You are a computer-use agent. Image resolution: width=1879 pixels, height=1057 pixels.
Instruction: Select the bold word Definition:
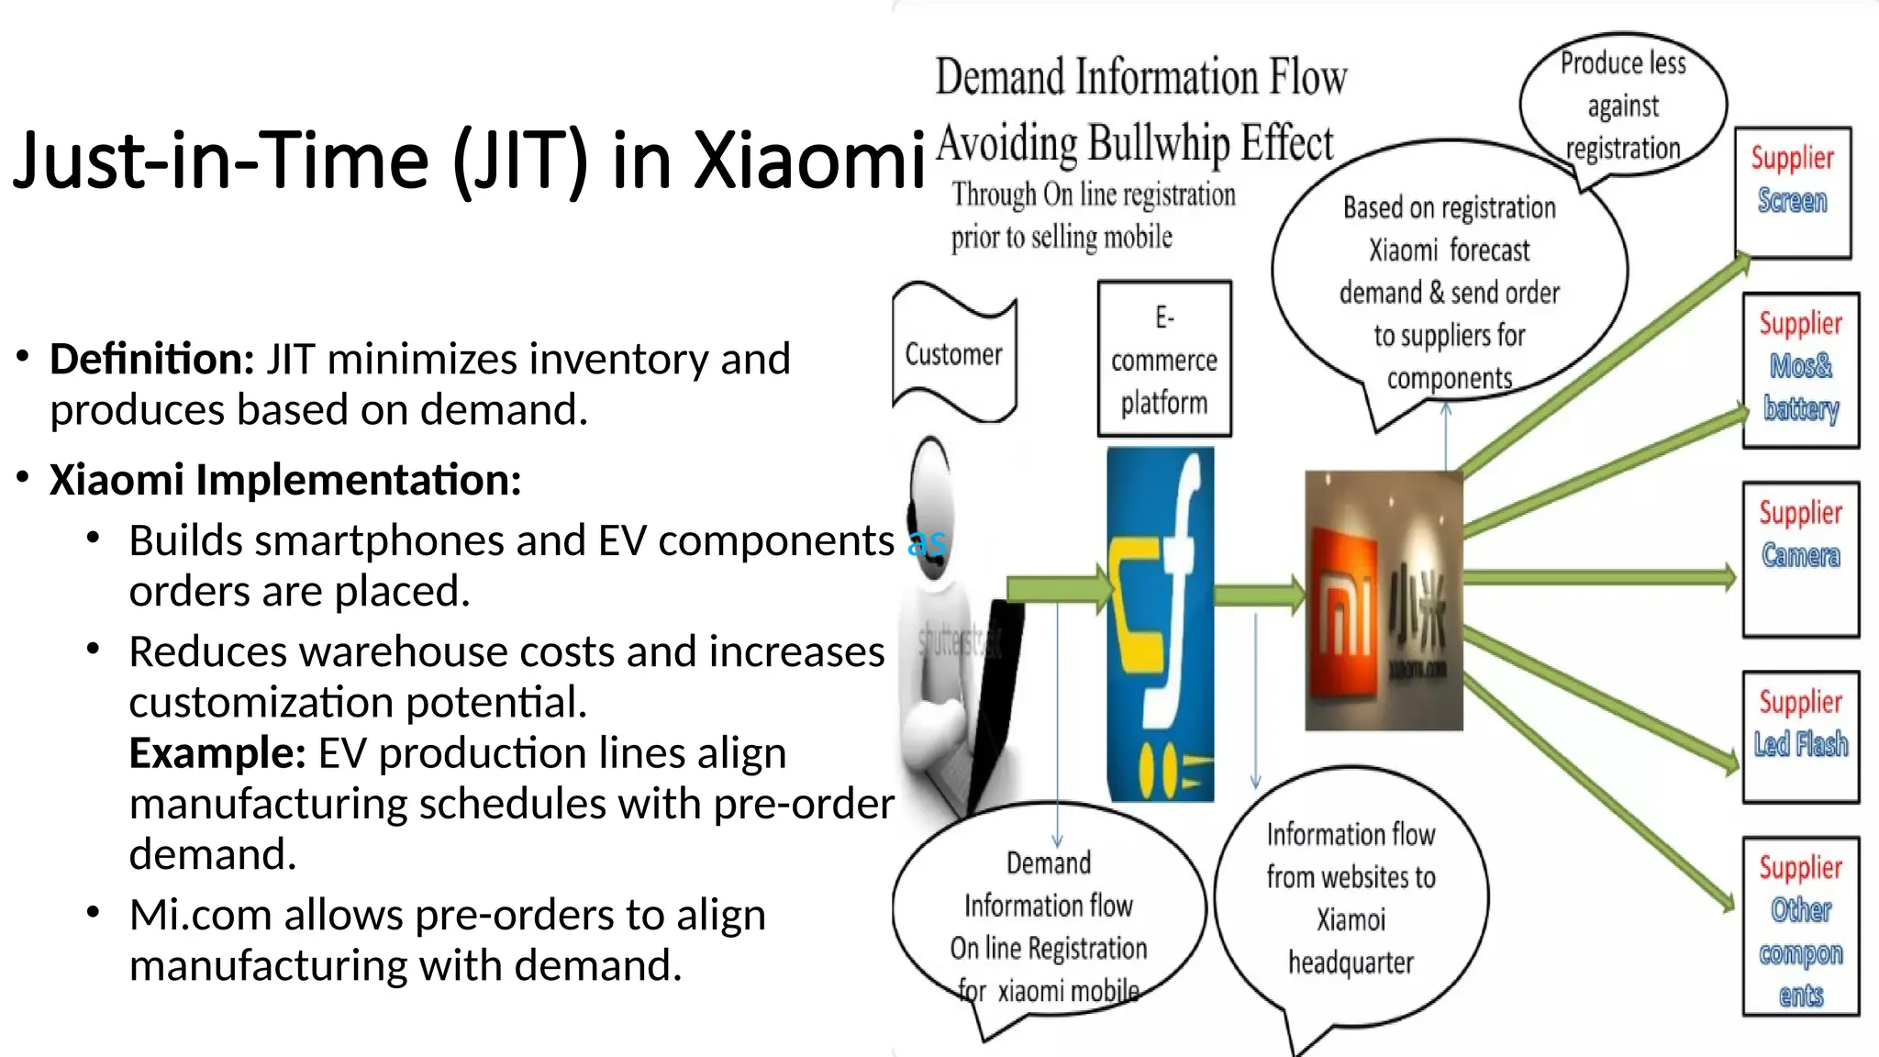coord(151,359)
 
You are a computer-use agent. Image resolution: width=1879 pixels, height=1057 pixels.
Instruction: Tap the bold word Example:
coord(217,753)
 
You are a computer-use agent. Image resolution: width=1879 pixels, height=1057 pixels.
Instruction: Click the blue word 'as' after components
coord(927,541)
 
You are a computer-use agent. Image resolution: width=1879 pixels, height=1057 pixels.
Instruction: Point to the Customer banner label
coord(953,354)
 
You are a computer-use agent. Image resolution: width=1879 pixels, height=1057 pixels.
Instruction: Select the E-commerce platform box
coord(1164,359)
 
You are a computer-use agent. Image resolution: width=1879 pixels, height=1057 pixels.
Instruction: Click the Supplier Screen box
coord(1793,192)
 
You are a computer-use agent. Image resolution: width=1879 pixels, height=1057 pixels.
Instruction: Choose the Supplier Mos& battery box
coord(1800,370)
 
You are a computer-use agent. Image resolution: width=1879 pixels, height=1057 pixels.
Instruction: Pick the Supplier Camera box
coord(1800,558)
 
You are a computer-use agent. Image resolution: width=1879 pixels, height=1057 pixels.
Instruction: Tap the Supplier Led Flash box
coord(1800,737)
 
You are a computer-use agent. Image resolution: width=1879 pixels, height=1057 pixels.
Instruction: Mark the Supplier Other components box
coord(1800,926)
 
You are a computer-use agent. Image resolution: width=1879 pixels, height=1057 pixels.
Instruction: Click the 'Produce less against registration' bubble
coord(1622,106)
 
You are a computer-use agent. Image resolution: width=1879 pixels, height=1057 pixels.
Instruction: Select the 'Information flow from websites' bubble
coord(1351,898)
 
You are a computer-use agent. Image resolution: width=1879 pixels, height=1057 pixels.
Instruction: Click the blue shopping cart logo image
coord(1161,624)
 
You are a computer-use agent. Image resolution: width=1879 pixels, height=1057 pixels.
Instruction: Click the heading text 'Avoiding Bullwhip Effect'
coord(1134,144)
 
